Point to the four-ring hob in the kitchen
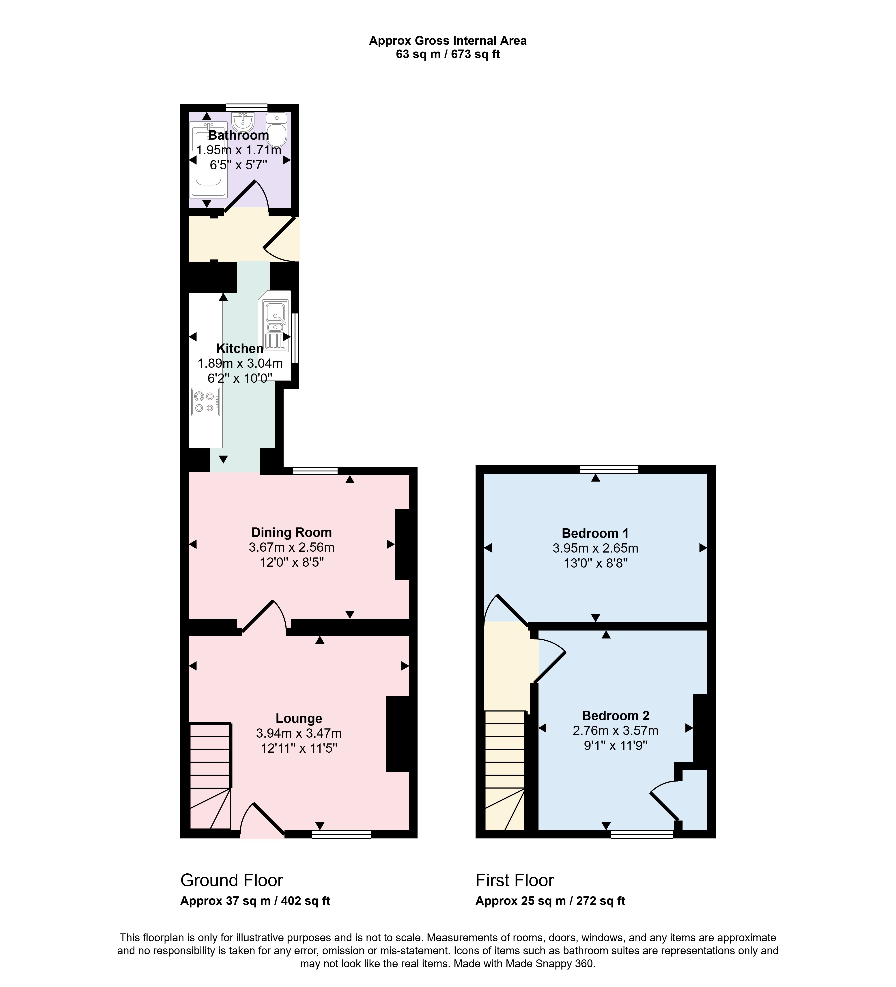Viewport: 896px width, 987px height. (x=206, y=402)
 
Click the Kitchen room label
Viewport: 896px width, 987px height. (x=240, y=349)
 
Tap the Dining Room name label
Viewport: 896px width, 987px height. (x=292, y=532)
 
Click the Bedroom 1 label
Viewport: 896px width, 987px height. (x=595, y=533)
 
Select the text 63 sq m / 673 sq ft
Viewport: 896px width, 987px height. (x=448, y=54)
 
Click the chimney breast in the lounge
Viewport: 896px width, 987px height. (x=398, y=734)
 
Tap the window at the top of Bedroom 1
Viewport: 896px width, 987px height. (x=609, y=469)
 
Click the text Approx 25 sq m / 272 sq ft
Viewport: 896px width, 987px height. (x=550, y=901)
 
